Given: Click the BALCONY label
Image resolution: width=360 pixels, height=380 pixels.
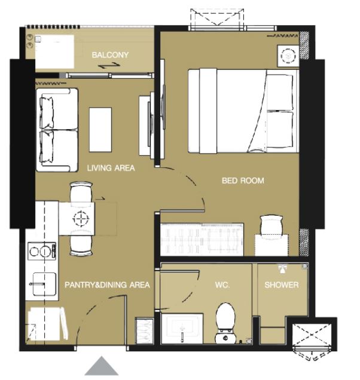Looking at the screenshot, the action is click(x=110, y=55).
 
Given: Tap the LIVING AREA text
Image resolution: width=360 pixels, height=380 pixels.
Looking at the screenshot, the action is click(x=111, y=168).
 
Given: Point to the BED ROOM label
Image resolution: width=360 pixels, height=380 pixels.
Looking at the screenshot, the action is click(x=243, y=180).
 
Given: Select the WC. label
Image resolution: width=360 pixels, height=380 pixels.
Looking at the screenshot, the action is click(x=222, y=285).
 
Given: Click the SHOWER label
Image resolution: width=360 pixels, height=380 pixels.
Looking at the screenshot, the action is click(x=282, y=285).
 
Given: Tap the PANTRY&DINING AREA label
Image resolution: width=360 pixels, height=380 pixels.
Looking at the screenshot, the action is click(x=107, y=285).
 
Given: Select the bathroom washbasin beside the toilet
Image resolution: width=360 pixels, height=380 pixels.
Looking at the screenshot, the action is click(x=182, y=329).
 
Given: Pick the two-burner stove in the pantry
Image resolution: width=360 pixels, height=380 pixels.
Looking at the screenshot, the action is click(x=42, y=251).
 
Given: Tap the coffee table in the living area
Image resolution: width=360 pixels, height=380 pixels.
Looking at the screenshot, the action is click(x=100, y=130).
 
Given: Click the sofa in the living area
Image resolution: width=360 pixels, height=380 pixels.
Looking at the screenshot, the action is click(x=57, y=130).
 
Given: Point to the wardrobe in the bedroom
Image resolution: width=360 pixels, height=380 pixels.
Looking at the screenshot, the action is click(x=202, y=240).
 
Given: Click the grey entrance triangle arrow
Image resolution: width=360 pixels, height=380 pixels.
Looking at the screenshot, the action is click(x=102, y=366).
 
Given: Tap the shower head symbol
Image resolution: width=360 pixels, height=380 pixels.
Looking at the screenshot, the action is click(x=282, y=268).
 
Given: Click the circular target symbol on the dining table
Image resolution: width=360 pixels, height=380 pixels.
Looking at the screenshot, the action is click(x=80, y=219).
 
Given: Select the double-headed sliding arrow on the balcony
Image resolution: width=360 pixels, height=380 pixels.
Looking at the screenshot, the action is click(x=109, y=66).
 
